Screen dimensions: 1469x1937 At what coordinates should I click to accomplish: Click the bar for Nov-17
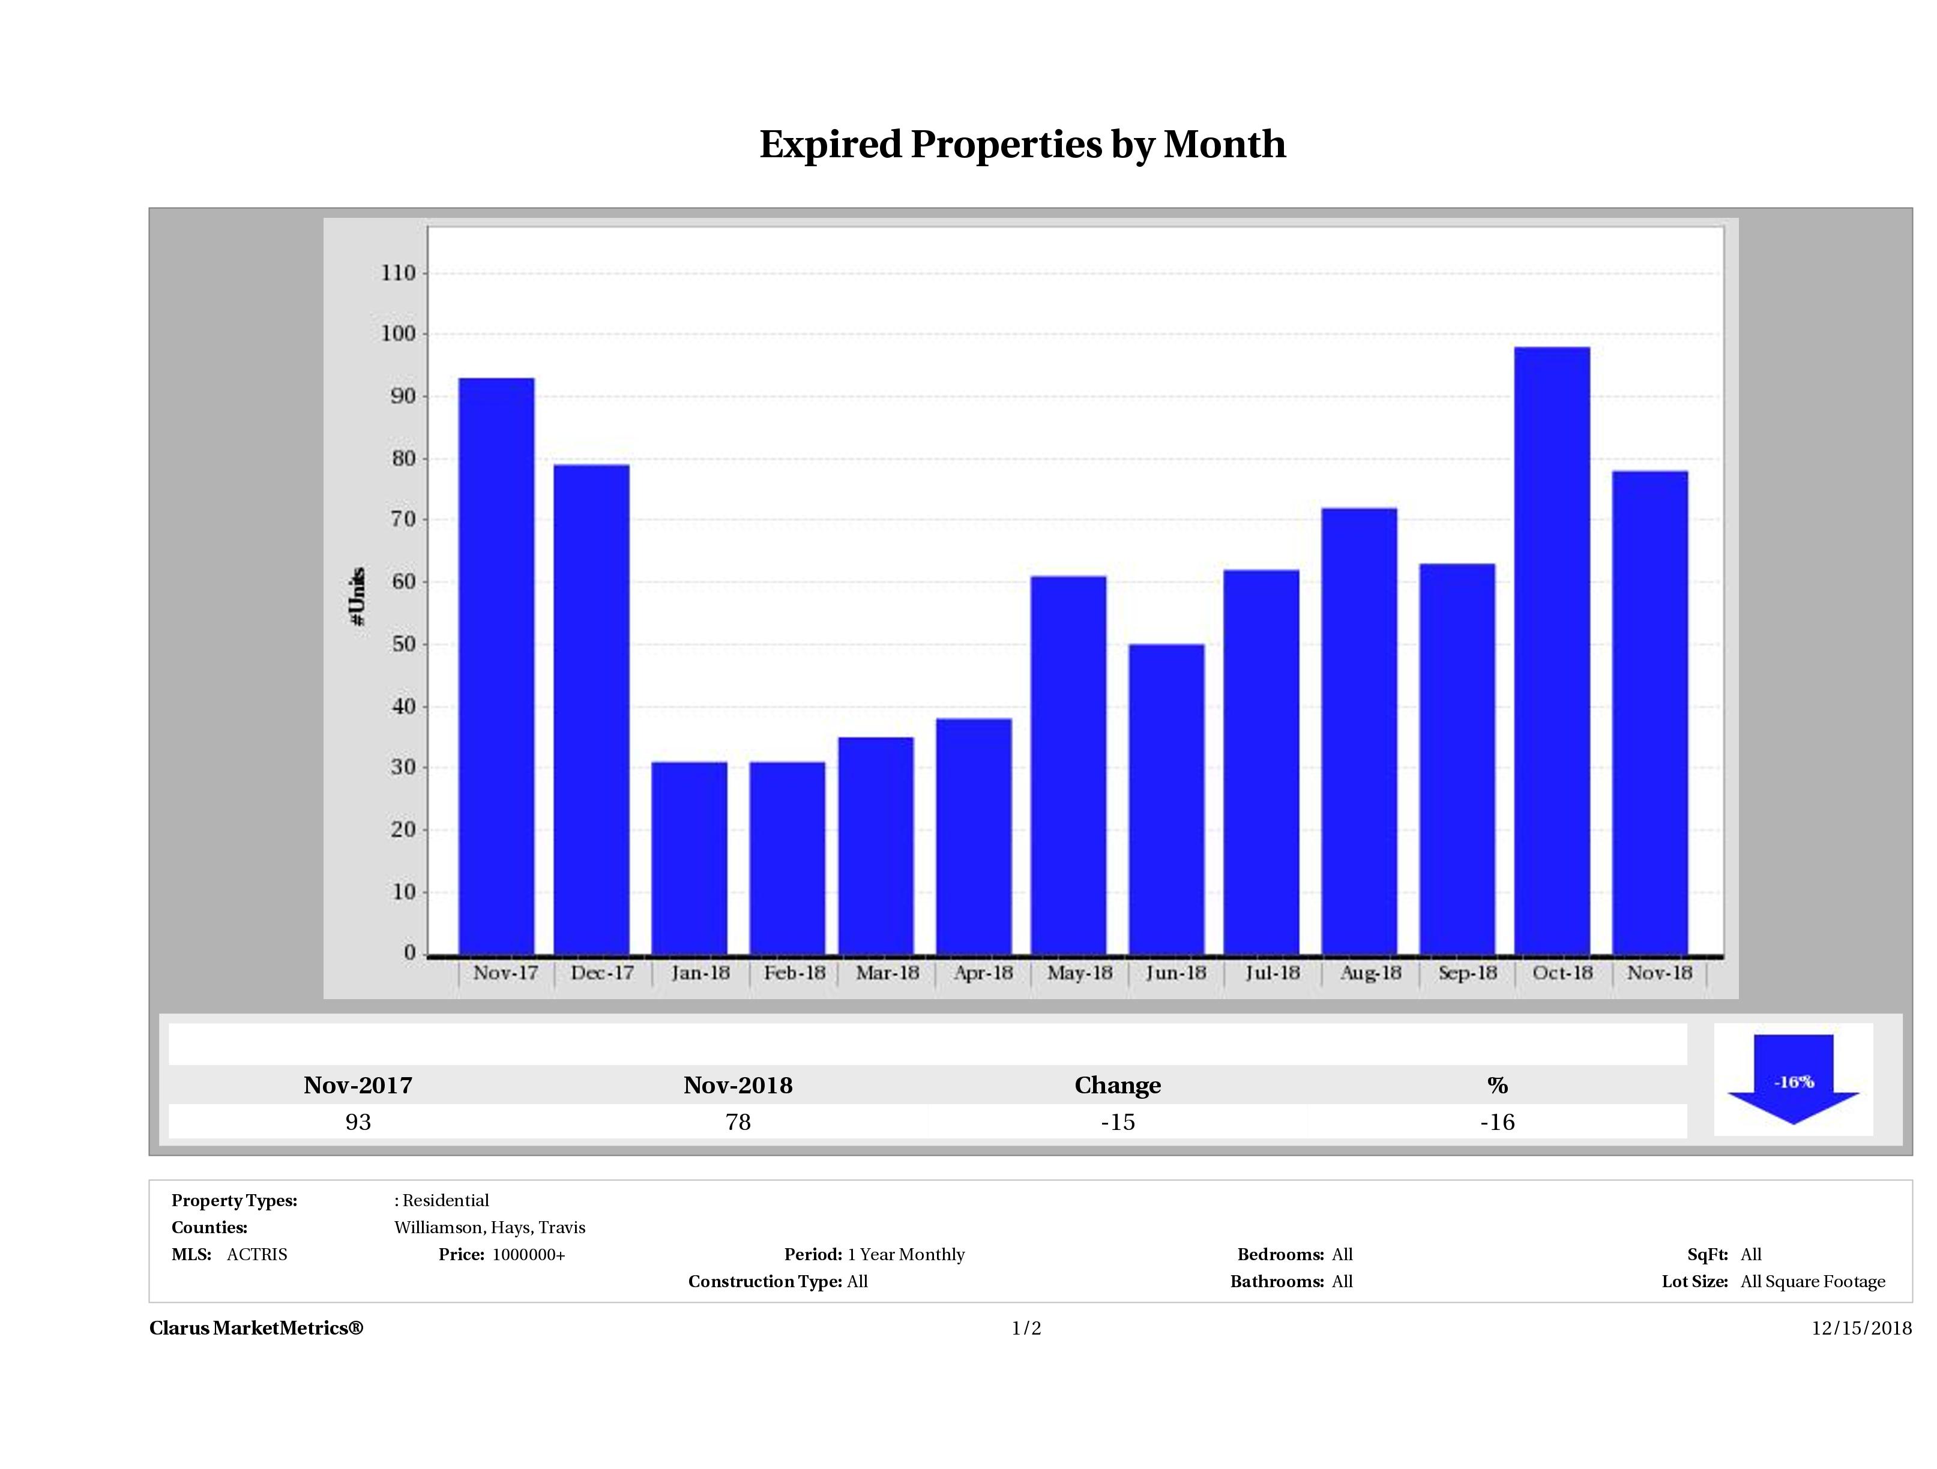click(x=496, y=665)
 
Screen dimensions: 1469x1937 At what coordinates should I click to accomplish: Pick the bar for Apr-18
click(x=974, y=836)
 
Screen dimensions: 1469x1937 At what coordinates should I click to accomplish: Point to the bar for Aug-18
click(x=1359, y=730)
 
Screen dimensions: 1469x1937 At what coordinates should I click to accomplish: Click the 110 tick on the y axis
click(x=399, y=273)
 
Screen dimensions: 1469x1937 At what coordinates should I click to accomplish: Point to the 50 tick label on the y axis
click(x=403, y=644)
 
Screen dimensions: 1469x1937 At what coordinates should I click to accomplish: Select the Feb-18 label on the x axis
click(x=794, y=973)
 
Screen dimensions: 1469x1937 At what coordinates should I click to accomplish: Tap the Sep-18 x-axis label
click(x=1468, y=973)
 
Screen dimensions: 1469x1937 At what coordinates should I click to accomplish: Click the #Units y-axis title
click(x=357, y=595)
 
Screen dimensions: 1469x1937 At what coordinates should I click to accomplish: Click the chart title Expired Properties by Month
click(x=1022, y=145)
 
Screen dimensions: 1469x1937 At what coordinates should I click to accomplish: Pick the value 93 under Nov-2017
click(x=358, y=1122)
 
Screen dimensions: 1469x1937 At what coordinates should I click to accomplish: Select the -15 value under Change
click(x=1118, y=1122)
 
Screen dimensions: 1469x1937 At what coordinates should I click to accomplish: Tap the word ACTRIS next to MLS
click(x=256, y=1255)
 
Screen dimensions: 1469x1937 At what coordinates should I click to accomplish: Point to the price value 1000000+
click(x=528, y=1255)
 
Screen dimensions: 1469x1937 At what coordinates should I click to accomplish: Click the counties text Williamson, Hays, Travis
click(x=490, y=1227)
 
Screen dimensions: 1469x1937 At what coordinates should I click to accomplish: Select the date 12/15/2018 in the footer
click(x=1861, y=1328)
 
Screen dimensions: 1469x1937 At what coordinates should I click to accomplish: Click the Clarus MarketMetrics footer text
click(x=256, y=1328)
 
